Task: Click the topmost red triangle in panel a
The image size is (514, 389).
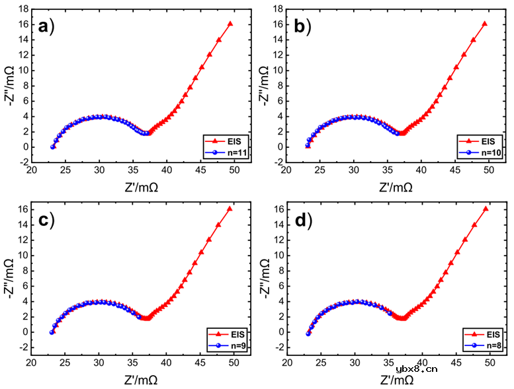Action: point(230,24)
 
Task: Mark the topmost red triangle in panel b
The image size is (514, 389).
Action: point(485,24)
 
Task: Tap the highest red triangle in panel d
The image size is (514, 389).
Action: point(486,209)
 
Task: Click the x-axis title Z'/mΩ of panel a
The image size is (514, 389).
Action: point(134,187)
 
